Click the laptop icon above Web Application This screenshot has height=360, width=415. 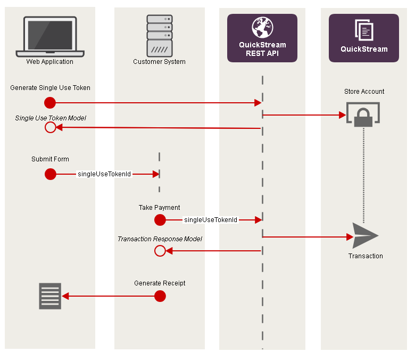50,36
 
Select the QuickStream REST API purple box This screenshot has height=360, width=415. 262,38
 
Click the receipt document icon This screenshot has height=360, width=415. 50,296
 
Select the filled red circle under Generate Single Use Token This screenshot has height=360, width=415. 50,102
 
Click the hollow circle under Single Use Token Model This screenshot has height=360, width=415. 50,127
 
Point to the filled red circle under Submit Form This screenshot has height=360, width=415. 50,174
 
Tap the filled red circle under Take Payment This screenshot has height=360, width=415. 160,220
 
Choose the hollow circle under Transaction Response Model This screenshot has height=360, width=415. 160,251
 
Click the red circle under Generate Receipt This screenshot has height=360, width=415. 160,296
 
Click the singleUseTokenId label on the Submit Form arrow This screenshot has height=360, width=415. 104,174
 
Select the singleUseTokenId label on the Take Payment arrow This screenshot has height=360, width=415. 211,220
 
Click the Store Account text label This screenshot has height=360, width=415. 364,92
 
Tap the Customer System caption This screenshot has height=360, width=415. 159,62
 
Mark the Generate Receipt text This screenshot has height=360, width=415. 160,283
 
